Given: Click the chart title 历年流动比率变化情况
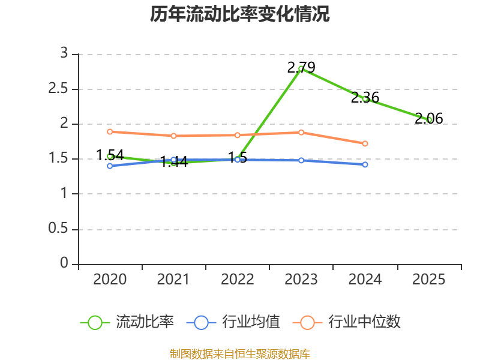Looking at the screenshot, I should [240, 14].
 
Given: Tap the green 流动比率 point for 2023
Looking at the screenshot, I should [301, 69].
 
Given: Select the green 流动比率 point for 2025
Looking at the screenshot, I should [429, 120].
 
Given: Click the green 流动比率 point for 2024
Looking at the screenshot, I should [365, 98].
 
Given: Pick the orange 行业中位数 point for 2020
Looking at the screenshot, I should [110, 131].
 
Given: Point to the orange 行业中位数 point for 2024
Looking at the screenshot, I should [365, 143].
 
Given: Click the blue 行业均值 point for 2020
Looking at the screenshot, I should [110, 166].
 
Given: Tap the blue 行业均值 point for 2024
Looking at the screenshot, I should [365, 164].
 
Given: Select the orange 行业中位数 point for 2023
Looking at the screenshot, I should [301, 132].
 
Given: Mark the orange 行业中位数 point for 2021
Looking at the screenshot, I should [173, 136].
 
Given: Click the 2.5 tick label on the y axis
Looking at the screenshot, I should [61, 89].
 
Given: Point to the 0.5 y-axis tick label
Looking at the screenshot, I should [61, 229].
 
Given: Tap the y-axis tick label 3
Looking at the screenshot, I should [64, 54].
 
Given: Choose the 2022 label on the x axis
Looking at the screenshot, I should [238, 280].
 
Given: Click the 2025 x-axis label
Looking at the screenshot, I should [429, 280].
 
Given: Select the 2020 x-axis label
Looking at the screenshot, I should [110, 280].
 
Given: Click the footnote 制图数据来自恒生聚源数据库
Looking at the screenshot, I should [240, 353].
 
